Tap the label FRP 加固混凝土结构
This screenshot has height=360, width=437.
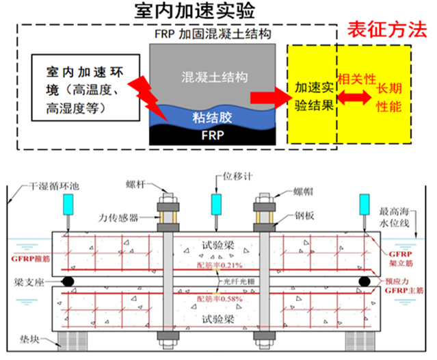point(212,35)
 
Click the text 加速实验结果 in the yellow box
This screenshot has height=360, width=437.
point(314,97)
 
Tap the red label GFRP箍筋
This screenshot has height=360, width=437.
point(30,259)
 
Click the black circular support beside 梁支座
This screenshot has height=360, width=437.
point(66,281)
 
